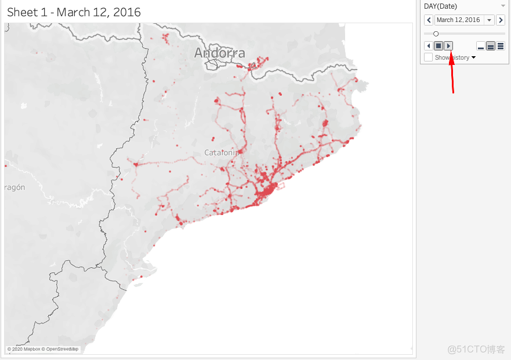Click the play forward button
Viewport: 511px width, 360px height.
(x=448, y=46)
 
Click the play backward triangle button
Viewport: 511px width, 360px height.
(x=429, y=46)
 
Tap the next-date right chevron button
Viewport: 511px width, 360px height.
(x=501, y=20)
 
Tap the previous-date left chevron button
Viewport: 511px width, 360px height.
(x=429, y=20)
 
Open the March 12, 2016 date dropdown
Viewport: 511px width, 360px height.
(x=490, y=20)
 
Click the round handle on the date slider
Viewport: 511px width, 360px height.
(x=436, y=34)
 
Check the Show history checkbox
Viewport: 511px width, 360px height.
(x=429, y=57)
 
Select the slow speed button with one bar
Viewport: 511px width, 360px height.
(x=481, y=46)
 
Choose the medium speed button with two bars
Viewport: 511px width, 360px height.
(x=491, y=46)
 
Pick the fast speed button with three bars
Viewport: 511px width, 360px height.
(x=501, y=46)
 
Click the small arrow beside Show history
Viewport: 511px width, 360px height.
(x=474, y=57)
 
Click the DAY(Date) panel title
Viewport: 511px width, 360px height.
(x=440, y=6)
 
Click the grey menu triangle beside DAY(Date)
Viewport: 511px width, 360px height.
(x=503, y=6)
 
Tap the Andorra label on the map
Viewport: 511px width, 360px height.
(x=219, y=53)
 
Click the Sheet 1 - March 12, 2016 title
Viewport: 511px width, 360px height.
(x=74, y=12)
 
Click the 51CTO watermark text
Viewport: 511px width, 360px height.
(x=476, y=350)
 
